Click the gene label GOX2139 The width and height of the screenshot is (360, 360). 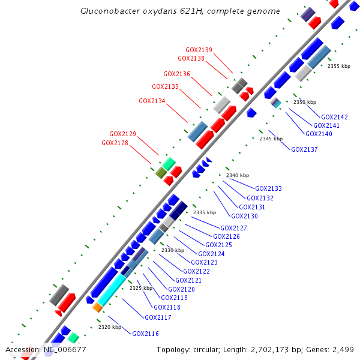click(199, 50)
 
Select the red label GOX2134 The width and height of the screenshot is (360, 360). click(152, 101)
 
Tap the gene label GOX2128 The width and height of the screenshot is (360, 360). click(115, 143)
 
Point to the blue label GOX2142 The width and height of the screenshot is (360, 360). click(334, 118)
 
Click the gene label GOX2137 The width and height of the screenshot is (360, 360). click(304, 150)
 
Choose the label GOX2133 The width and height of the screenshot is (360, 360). click(268, 189)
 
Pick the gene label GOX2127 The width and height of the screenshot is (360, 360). click(233, 229)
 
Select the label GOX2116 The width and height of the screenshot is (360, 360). click(145, 334)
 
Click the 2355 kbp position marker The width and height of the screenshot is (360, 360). click(338, 67)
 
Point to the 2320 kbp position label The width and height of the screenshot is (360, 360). click(110, 328)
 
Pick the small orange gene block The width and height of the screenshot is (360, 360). click(97, 307)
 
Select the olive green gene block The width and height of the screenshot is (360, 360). click(161, 173)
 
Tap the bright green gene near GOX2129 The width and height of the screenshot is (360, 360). click(169, 163)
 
